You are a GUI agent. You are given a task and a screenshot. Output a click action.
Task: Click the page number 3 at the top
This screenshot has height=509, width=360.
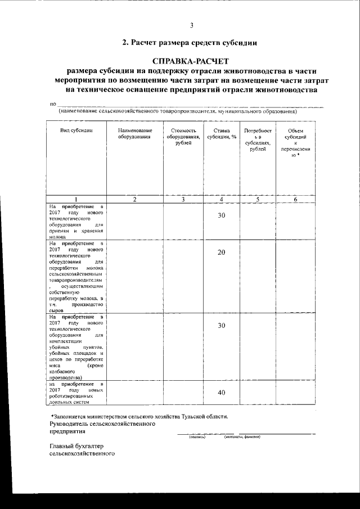191,25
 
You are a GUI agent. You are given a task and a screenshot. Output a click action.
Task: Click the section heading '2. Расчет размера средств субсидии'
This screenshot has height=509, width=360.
191,42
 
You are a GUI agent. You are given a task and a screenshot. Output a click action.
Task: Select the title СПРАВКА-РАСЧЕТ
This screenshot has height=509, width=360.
191,60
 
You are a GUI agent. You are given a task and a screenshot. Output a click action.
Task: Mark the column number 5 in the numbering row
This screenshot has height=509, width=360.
257,199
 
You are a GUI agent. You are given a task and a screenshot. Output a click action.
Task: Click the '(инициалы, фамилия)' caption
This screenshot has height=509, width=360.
242,436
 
